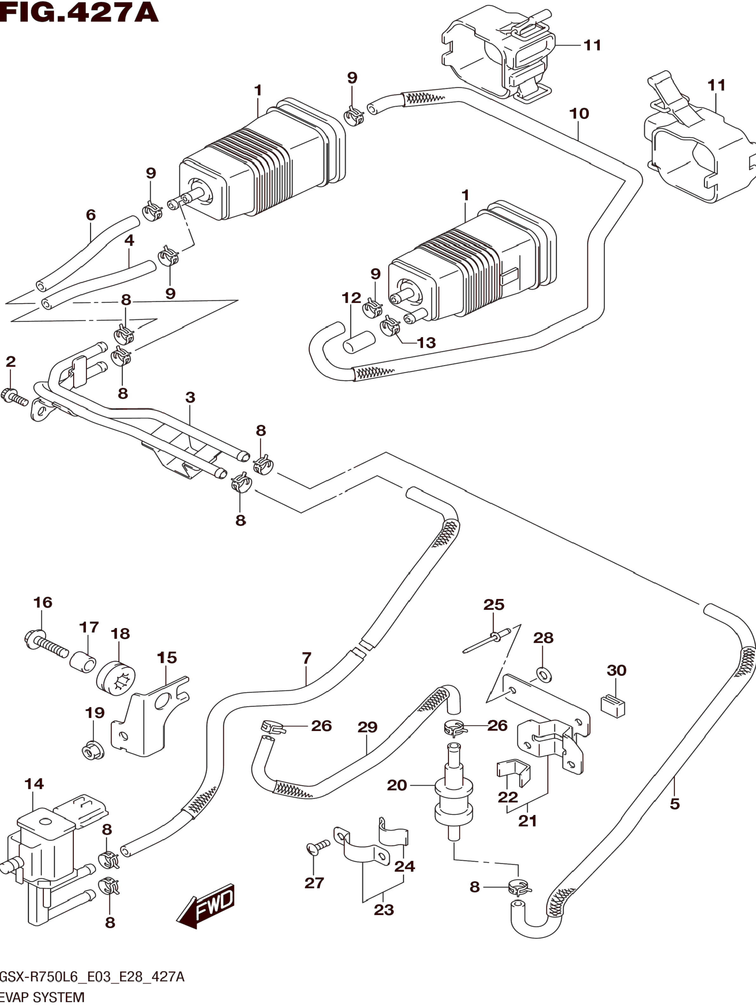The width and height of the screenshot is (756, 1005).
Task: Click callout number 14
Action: click(34, 784)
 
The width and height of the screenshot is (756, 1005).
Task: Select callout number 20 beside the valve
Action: click(397, 785)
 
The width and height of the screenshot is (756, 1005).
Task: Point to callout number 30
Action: click(617, 670)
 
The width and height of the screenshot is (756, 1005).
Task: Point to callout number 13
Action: click(426, 343)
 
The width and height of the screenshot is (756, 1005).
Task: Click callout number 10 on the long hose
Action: click(579, 114)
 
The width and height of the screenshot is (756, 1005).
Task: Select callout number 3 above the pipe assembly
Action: click(190, 398)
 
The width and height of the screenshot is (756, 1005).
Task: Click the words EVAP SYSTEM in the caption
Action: click(42, 997)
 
